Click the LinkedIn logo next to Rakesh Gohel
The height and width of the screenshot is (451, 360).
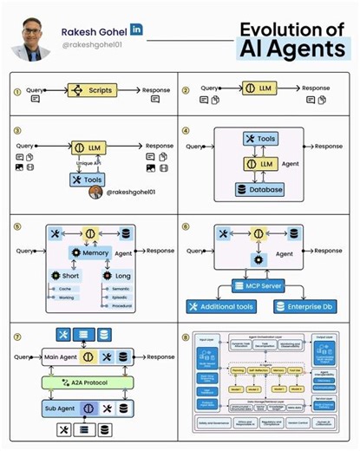(x=137, y=29)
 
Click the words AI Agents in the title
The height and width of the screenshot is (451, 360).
(x=291, y=48)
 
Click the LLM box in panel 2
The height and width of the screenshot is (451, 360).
(x=259, y=88)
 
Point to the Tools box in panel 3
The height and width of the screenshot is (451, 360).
(x=88, y=180)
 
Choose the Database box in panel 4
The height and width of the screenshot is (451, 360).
(x=259, y=189)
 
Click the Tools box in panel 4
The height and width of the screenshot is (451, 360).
(x=259, y=139)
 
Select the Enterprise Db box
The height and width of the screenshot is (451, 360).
(x=305, y=307)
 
